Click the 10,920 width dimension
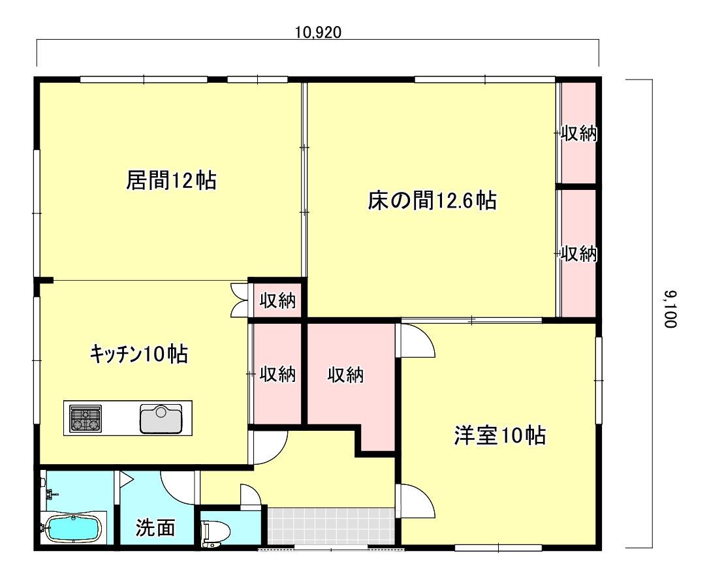pos(318,33)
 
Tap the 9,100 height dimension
pos(670,309)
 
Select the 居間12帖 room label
pos(171,180)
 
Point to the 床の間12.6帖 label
pos(432,200)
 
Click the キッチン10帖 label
pos(139,353)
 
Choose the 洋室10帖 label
pos(500,435)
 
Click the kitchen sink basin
pos(161,418)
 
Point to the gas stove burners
pos(86,418)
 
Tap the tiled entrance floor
pos(331,526)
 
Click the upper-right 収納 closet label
pos(579,133)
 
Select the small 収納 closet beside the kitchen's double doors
pos(277,300)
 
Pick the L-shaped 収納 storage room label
pos(345,375)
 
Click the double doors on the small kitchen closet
pos(239,300)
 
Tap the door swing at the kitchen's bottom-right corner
pos(270,448)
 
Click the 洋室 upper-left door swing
pos(416,341)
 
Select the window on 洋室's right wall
pos(599,380)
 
